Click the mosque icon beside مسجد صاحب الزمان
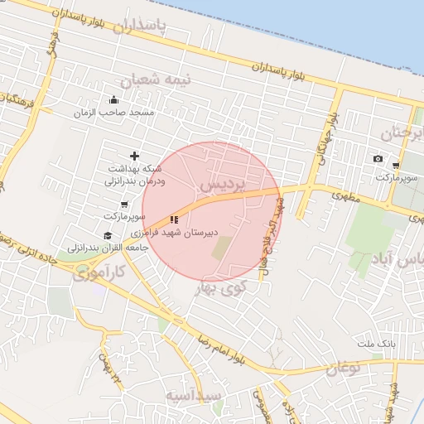(113, 101)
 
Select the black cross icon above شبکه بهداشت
(135, 156)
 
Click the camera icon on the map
(378, 158)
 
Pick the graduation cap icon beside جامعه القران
(108, 236)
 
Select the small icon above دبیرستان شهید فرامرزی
(174, 219)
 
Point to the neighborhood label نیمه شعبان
(157, 80)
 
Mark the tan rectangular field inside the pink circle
(222, 248)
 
